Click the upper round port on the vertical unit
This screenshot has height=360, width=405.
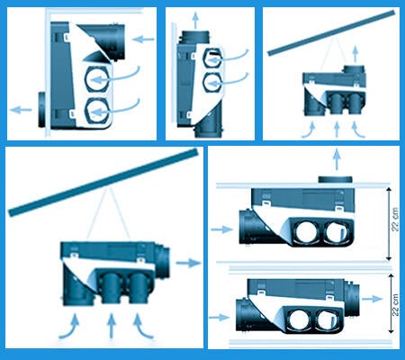click(x=212, y=59)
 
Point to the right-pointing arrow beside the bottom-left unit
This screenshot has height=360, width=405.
click(x=188, y=263)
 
